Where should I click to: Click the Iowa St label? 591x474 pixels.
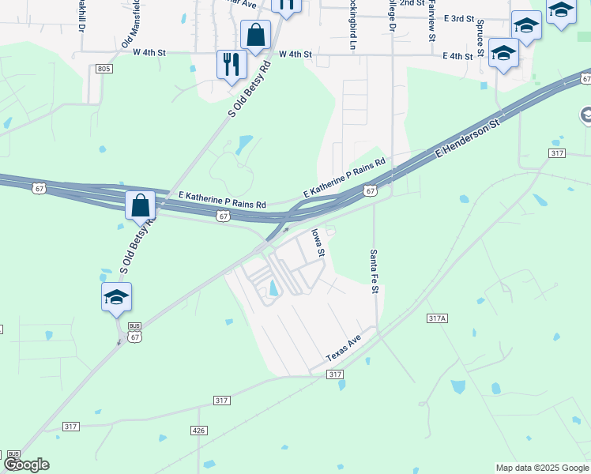318,243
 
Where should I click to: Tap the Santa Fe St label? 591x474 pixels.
375,273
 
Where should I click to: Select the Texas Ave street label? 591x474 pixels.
344,348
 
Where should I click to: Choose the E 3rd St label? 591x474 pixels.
458,18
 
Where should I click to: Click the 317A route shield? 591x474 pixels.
437,318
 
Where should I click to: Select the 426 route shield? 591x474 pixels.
198,430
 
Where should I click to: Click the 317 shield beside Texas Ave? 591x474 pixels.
335,374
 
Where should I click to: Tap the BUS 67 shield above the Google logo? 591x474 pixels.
13,457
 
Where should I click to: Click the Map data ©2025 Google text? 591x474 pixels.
542,468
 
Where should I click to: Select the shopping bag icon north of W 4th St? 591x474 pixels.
255,34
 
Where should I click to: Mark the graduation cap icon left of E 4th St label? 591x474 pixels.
503,53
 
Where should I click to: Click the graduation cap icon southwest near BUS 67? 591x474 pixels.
116,297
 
